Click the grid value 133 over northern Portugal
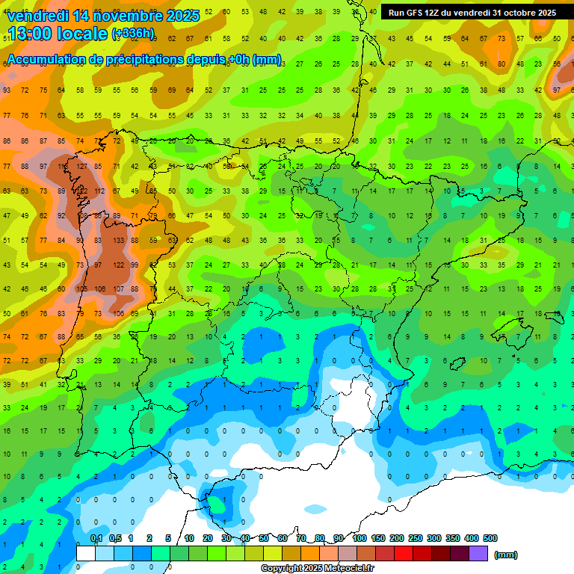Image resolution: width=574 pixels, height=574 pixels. point(117,241)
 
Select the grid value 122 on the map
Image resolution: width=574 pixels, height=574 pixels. point(117,265)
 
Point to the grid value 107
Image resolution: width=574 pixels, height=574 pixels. point(117,289)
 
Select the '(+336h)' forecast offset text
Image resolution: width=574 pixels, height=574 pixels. point(132,34)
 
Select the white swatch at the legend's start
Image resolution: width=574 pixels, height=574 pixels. point(86,553)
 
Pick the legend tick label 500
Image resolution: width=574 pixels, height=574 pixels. point(490,538)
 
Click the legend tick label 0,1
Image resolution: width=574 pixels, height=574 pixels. point(96,538)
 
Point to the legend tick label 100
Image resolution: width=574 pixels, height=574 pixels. point(359,538)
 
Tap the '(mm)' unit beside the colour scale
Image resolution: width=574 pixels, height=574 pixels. point(506,555)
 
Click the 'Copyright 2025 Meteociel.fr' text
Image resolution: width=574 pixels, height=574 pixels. point(318,568)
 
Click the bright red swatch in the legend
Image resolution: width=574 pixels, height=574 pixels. point(404,553)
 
